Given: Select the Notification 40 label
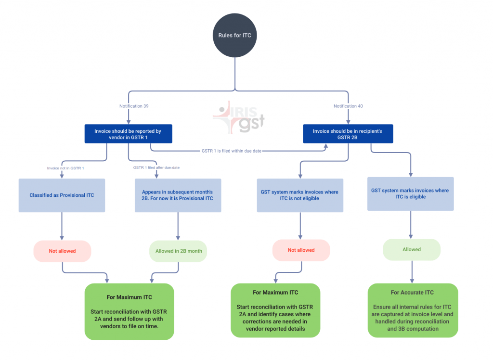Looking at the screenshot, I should pyautogui.click(x=348, y=106).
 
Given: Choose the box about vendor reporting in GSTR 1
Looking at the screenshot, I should pyautogui.click(x=128, y=134).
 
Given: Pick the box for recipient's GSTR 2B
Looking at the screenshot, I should pyautogui.click(x=348, y=134).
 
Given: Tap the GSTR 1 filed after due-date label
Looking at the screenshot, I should pyautogui.click(x=156, y=167).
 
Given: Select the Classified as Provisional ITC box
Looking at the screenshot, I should pyautogui.click(x=62, y=195).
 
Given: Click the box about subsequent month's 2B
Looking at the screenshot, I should pyautogui.click(x=178, y=195).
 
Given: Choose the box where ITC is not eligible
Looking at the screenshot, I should pyautogui.click(x=300, y=195).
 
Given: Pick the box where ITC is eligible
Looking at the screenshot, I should pyautogui.click(x=410, y=193).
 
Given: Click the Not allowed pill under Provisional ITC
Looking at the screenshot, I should pyautogui.click(x=62, y=251).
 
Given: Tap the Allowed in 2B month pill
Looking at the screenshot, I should pyautogui.click(x=178, y=251).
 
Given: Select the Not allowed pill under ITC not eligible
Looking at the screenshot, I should pyautogui.click(x=301, y=250).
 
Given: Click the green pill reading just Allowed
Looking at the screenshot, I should pyautogui.click(x=412, y=249).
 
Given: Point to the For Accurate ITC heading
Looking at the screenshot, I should pyautogui.click(x=412, y=293).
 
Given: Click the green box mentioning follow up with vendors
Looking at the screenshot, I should pyautogui.click(x=129, y=311).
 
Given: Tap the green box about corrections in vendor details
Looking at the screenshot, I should pyautogui.click(x=275, y=310).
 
